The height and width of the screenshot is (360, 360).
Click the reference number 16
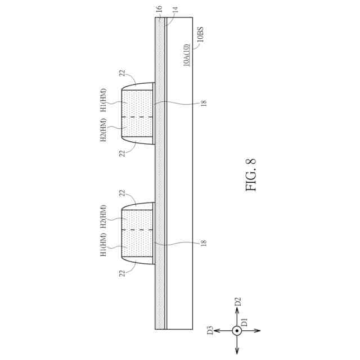point(159,9)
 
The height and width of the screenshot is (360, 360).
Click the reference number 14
point(175,10)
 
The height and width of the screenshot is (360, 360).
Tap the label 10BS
point(200,34)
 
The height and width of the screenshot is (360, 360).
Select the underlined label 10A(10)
point(187,55)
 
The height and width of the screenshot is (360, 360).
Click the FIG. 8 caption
point(250,174)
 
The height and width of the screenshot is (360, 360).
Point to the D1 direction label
point(245,322)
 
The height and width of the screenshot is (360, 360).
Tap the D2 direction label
point(238,301)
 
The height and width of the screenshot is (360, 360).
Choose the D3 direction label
point(210,330)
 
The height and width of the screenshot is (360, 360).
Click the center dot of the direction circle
point(237,331)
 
